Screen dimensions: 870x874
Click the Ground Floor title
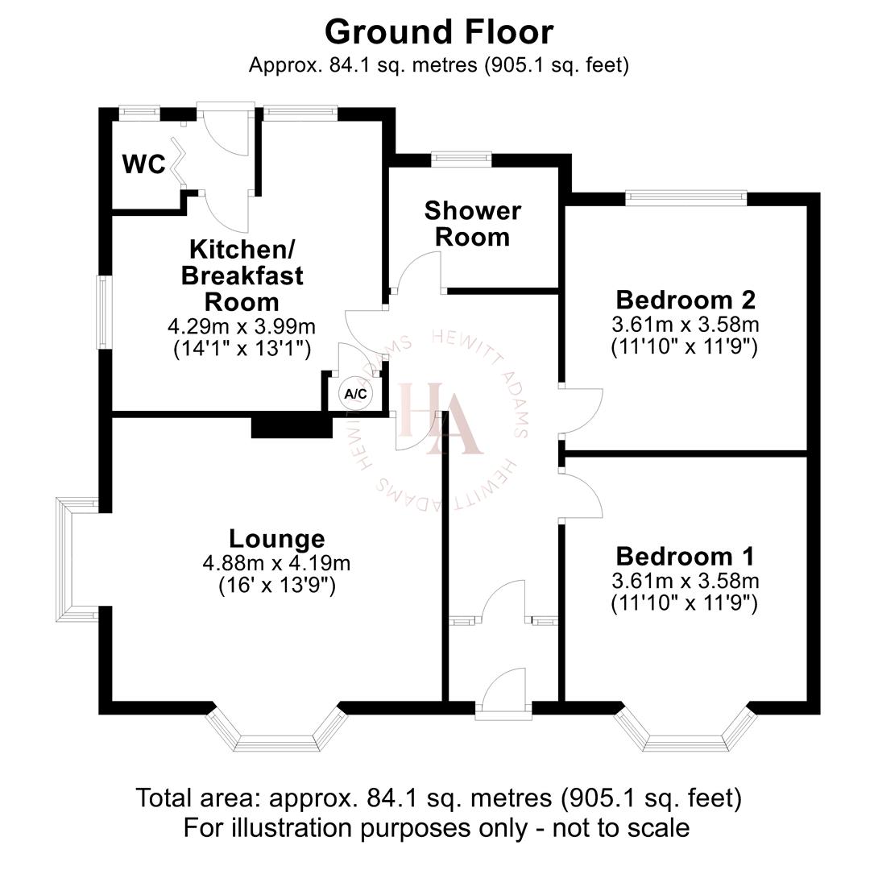coord(439,32)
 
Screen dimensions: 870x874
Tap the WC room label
coord(143,164)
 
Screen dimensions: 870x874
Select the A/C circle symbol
coord(355,394)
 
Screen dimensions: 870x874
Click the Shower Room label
coord(472,224)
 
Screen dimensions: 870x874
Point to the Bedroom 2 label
coord(686,300)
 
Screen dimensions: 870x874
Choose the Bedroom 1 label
coord(686,557)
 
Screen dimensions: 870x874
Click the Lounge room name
coord(276,538)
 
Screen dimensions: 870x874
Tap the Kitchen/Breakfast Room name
coord(242,275)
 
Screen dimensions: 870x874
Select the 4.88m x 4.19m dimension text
coord(276,563)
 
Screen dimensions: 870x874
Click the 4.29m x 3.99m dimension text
coord(241,327)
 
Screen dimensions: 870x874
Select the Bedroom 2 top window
coord(686,194)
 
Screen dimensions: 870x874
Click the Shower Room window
coord(461,159)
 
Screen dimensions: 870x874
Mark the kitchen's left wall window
coord(104,313)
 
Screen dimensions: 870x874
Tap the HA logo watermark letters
coord(439,418)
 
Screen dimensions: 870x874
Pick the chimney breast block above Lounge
coord(292,425)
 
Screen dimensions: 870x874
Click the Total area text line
coord(438,799)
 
